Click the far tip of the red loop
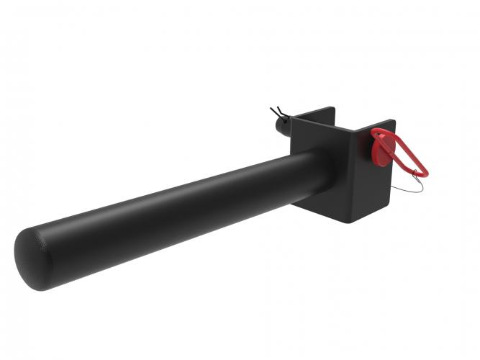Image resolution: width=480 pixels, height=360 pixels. tap(426, 173)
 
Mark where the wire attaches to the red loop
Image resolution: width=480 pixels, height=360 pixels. tap(417, 171)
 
